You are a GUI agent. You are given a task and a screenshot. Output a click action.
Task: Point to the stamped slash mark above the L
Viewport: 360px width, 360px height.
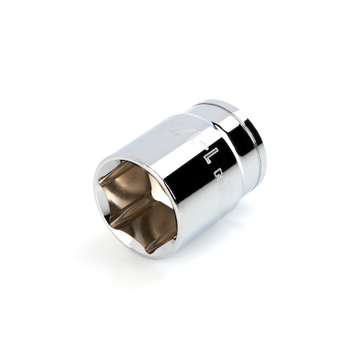point(186,127)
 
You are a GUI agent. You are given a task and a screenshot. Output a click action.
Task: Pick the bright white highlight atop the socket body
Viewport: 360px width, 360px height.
point(160,128)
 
